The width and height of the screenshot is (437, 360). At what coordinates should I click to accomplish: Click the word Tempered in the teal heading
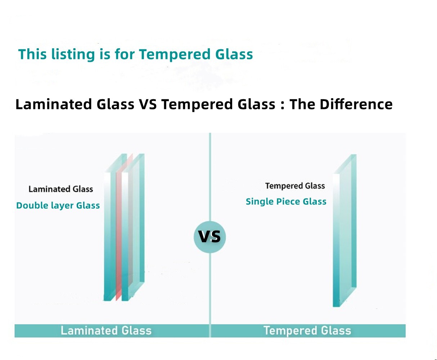click(175, 55)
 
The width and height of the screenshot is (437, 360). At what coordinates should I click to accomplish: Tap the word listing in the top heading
click(73, 55)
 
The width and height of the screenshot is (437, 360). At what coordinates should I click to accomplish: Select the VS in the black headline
click(148, 104)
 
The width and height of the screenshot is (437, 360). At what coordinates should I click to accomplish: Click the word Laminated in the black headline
click(54, 104)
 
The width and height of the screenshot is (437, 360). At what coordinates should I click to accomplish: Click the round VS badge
click(210, 237)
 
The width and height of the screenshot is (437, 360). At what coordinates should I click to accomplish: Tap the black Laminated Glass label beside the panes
click(61, 189)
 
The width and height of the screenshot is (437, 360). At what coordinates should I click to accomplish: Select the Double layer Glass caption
click(58, 205)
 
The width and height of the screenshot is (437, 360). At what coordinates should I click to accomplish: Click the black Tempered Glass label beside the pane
click(295, 186)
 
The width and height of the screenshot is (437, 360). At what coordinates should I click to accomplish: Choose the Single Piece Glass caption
click(286, 201)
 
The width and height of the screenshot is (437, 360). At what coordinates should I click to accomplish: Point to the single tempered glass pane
click(345, 231)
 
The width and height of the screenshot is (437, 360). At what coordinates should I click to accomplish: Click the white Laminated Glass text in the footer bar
click(106, 331)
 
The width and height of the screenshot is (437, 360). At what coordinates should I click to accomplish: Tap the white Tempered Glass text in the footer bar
click(307, 331)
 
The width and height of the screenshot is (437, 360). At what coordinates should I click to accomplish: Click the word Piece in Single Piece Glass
click(289, 201)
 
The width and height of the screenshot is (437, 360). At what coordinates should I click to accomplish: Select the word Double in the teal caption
click(32, 205)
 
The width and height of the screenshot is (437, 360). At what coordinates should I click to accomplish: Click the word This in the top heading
click(32, 54)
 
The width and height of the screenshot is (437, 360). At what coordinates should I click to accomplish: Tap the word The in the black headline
click(302, 104)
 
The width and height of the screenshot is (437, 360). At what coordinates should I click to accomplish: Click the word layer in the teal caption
click(62, 206)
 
